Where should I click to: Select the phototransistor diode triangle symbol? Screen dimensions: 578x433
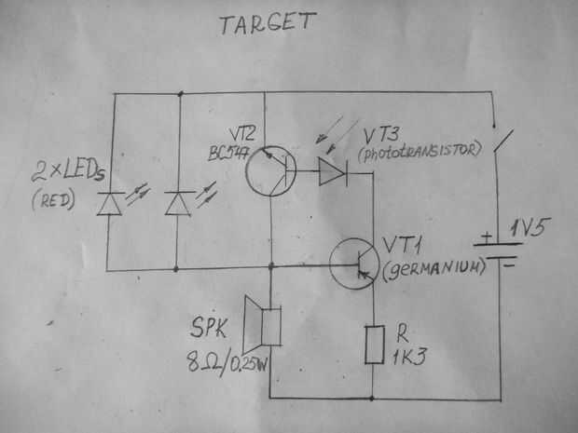click(331, 171)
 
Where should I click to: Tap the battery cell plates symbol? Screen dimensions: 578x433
click(496, 250)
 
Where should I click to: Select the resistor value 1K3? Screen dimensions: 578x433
click(412, 354)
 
